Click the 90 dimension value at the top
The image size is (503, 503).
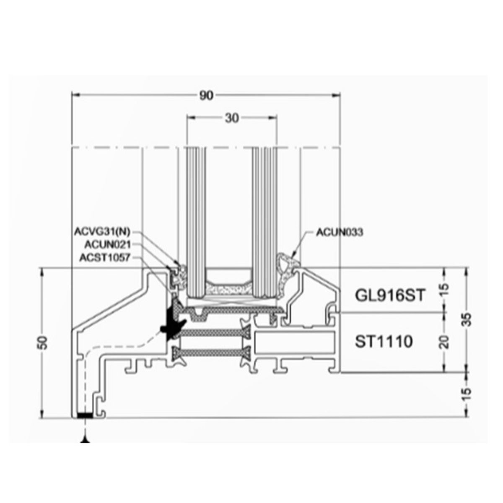pyautogui.click(x=206, y=96)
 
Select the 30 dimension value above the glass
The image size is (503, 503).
pyautogui.click(x=232, y=118)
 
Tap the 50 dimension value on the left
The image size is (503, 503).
pyautogui.click(x=43, y=343)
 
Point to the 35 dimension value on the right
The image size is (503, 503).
pyautogui.click(x=468, y=320)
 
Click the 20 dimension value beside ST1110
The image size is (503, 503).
pyautogui.click(x=445, y=342)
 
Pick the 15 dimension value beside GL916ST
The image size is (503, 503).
pyautogui.click(x=445, y=290)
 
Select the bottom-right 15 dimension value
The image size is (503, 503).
pyautogui.click(x=468, y=395)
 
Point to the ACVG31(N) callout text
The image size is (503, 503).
pyautogui.click(x=102, y=231)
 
